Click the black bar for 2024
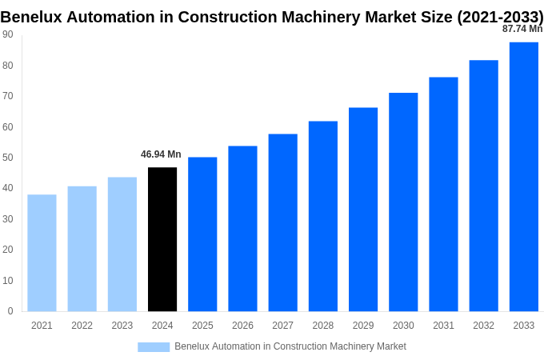point(162,239)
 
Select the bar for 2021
point(42,253)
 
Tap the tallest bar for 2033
point(524,177)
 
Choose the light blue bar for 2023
point(122,244)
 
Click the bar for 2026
point(242,229)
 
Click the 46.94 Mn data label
point(161,154)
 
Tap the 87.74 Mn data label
point(522,29)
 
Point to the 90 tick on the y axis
point(8,34)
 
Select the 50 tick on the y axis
point(8,158)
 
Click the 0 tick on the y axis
point(10,311)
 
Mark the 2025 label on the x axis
point(202,326)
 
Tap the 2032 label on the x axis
point(483,326)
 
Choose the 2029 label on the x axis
point(363,326)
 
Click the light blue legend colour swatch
point(154,346)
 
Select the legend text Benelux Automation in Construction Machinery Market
point(290,346)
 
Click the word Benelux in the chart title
point(33,17)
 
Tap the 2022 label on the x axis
point(82,326)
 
